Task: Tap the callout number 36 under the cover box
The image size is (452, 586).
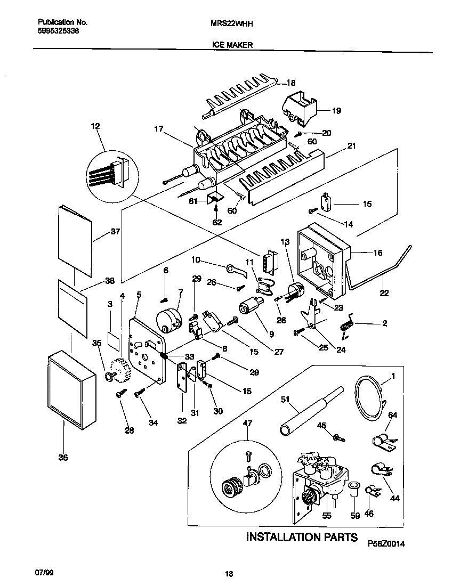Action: (63, 457)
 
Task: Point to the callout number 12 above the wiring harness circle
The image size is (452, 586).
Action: (95, 127)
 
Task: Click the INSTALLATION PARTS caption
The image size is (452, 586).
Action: (301, 537)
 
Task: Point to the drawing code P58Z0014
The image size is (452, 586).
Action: (386, 543)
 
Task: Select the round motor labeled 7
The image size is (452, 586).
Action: (169, 320)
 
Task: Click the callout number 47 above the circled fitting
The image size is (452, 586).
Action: (247, 424)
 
